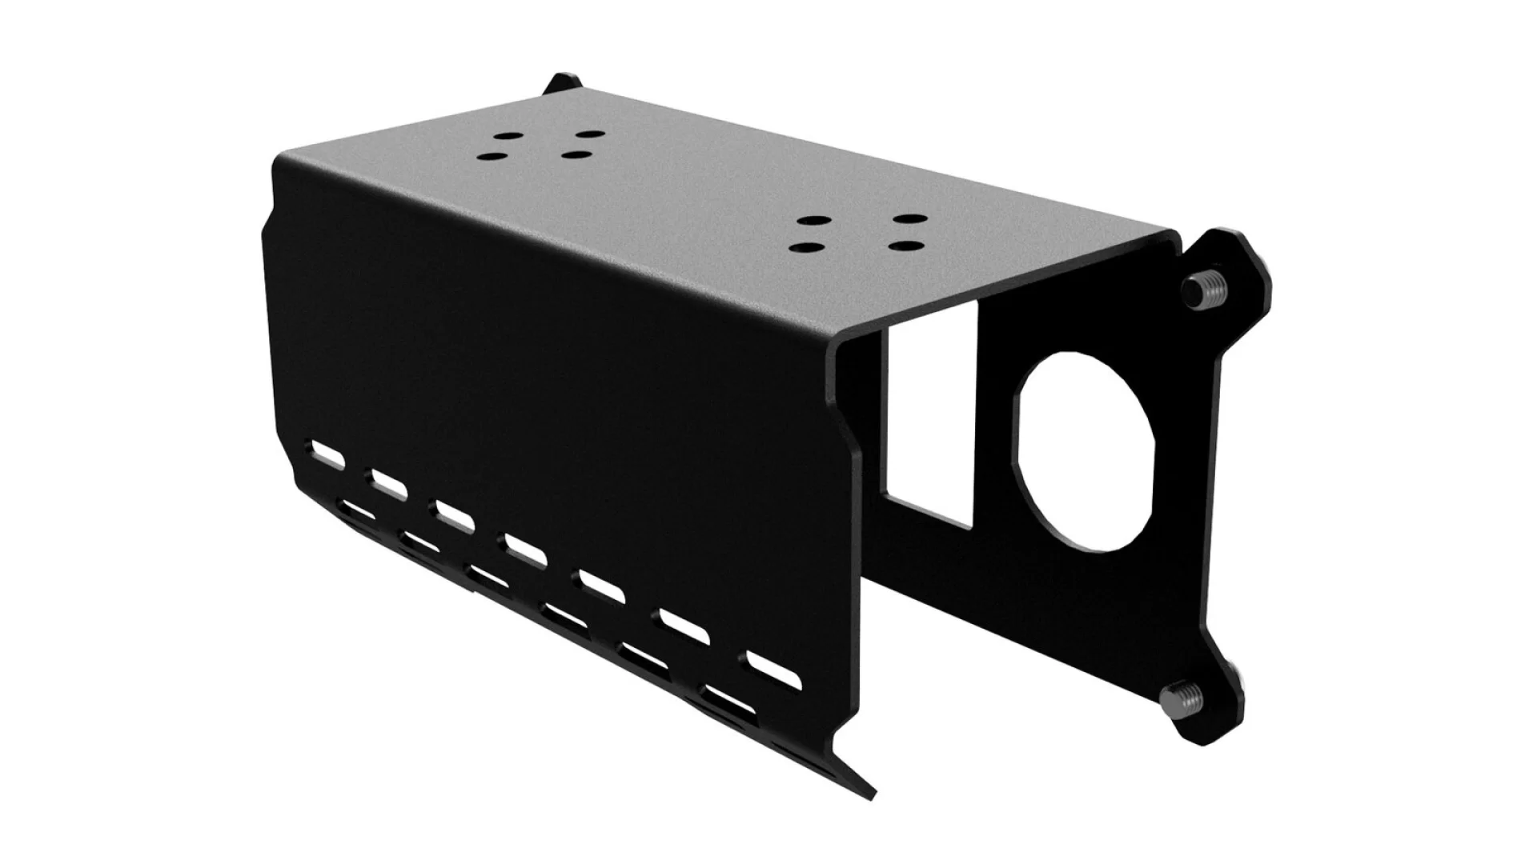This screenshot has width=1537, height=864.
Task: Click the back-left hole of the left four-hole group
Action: [506, 137]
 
